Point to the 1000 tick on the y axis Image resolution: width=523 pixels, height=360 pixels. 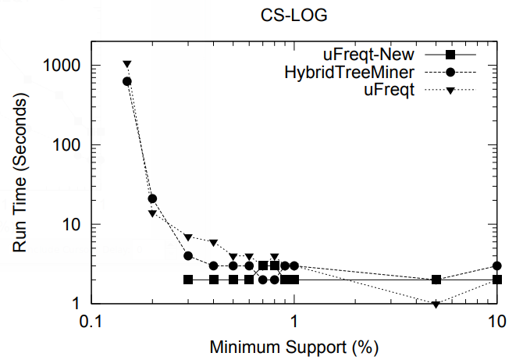tap(65, 66)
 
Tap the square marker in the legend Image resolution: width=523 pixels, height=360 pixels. tap(450, 55)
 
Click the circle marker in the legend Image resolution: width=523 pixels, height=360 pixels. tap(450, 73)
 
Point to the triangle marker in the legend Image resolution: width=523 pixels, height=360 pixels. tap(450, 91)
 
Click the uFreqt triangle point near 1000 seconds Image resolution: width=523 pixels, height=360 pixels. tap(127, 65)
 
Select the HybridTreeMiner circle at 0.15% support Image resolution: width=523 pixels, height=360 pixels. tap(127, 81)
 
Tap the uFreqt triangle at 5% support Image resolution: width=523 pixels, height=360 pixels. tap(436, 304)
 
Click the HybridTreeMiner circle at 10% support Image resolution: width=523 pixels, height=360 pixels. tap(497, 266)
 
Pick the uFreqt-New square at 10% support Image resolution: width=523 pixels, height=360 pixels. tap(497, 280)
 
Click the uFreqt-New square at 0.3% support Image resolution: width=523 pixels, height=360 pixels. tap(188, 280)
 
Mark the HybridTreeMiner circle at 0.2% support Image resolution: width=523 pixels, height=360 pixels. tap(153, 199)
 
